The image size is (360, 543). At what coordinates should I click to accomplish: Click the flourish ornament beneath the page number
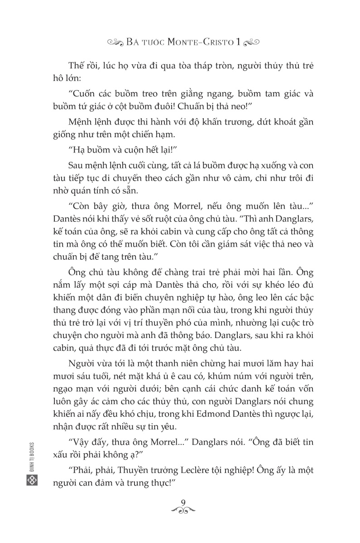tap(183, 511)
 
